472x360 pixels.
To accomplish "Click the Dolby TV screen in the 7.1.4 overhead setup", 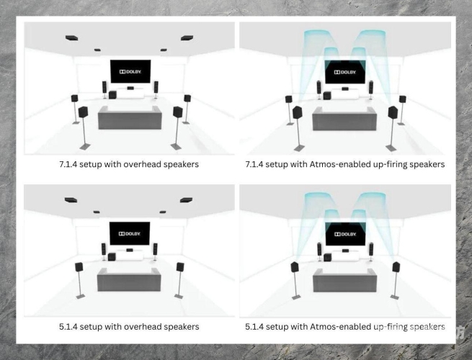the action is (x=130, y=71).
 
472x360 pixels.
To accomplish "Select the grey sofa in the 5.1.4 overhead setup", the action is (x=129, y=279).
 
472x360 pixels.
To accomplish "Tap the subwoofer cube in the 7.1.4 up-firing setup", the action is (x=326, y=96).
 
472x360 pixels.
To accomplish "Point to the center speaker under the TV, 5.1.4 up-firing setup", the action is (x=345, y=251).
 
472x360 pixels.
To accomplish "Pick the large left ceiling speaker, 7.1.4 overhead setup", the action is (x=71, y=38).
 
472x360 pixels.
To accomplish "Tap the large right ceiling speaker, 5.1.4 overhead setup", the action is (x=186, y=200).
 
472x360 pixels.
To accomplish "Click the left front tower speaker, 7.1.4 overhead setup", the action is (x=104, y=88).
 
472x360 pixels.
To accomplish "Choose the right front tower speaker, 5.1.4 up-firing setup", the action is (x=371, y=250).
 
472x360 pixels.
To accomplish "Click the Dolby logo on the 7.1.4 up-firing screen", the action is (x=345, y=72).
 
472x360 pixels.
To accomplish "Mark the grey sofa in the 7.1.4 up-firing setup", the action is (x=344, y=119).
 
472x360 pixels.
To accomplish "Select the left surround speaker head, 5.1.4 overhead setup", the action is (x=79, y=267).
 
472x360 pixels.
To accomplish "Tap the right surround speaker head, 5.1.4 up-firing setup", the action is (x=396, y=267).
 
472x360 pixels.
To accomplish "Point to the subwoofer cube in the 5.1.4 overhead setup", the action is (x=112, y=257).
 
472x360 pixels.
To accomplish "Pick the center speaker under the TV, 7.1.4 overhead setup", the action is (x=130, y=88).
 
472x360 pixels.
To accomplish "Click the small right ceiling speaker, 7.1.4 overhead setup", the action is (x=164, y=50).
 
